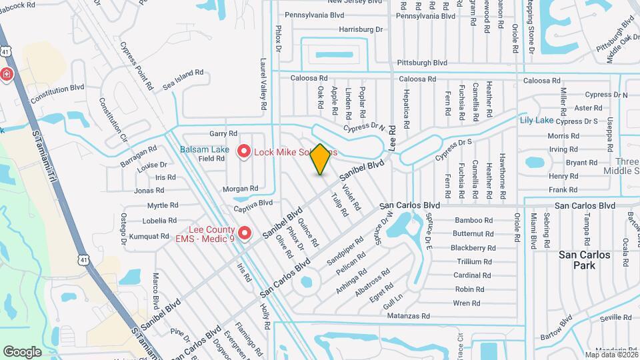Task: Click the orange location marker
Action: pos(321,159)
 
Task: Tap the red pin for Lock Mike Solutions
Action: pos(244,153)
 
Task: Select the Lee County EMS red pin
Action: pos(245,233)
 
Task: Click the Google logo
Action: pos(22,351)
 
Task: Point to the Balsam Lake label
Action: pos(201,149)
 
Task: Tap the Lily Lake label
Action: pos(536,120)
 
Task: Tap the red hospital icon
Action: pos(6,74)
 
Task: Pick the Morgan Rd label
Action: pos(235,189)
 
